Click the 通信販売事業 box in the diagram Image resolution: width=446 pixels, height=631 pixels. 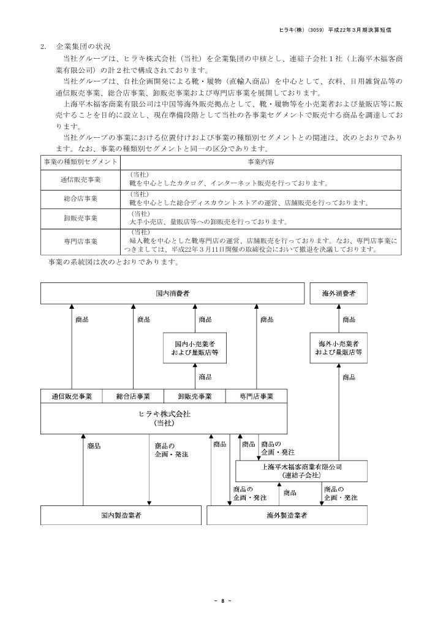(x=71, y=396)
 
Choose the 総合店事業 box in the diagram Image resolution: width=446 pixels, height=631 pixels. (x=133, y=396)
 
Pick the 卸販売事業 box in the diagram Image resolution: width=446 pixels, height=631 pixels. (x=195, y=396)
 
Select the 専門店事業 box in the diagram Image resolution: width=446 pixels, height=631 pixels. (x=257, y=396)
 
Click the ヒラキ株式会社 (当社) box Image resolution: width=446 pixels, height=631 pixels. (x=164, y=418)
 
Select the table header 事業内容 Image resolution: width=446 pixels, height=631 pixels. (x=260, y=161)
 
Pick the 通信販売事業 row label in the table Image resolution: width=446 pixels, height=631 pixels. (x=80, y=179)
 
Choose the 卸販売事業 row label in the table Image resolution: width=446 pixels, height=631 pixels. (x=80, y=217)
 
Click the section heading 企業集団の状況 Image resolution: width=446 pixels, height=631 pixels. (x=83, y=47)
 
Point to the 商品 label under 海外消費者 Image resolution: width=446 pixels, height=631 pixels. (x=349, y=320)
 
